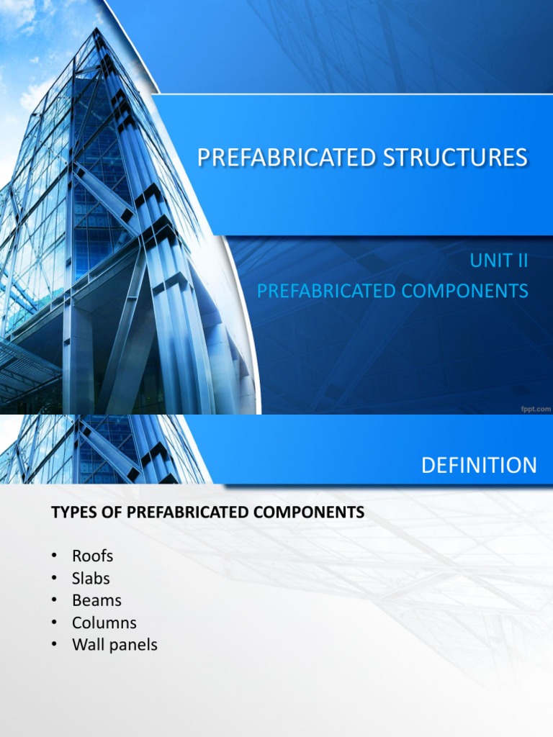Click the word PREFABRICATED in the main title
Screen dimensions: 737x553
click(x=280, y=157)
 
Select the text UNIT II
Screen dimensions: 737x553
click(x=499, y=261)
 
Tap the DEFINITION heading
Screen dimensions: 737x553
click(x=479, y=466)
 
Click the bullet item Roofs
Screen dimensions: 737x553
click(x=92, y=556)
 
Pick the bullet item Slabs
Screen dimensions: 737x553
click(x=91, y=578)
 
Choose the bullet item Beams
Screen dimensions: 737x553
click(x=96, y=600)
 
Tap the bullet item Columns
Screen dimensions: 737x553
click(x=104, y=623)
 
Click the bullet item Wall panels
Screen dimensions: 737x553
click(x=114, y=645)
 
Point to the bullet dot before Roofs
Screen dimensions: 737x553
click(x=53, y=557)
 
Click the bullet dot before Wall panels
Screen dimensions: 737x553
click(x=53, y=646)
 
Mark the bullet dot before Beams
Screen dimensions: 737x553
click(x=53, y=601)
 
